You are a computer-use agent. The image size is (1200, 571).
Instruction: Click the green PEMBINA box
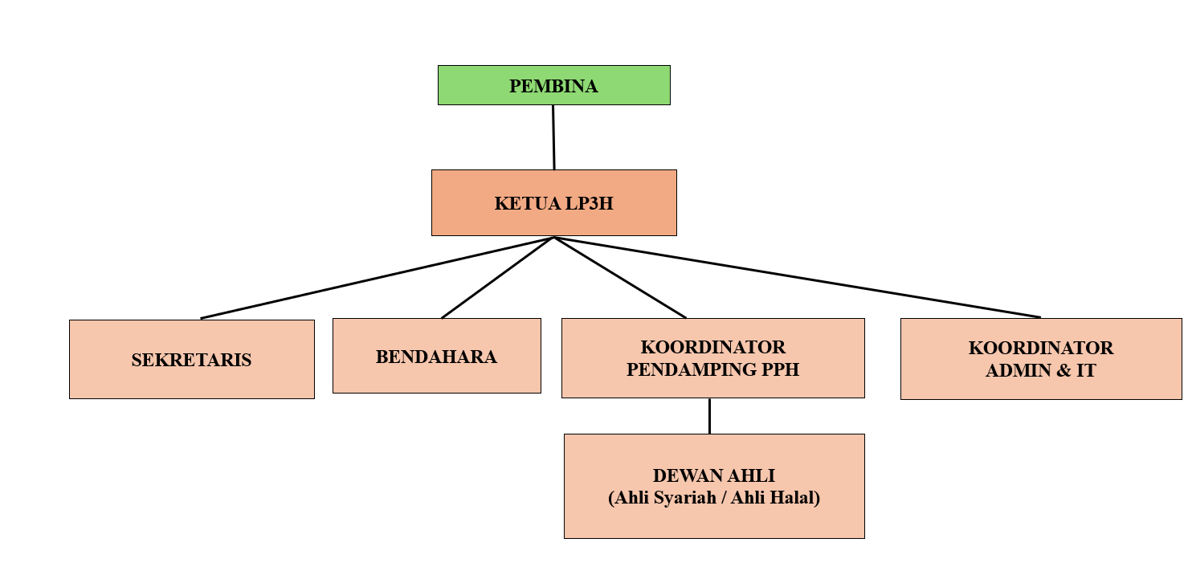pyautogui.click(x=554, y=85)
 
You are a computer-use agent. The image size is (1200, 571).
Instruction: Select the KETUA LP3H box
pyautogui.click(x=554, y=203)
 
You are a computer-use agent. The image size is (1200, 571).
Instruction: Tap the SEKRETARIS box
pyautogui.click(x=192, y=360)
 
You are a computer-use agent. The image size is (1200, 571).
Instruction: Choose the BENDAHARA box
pyautogui.click(x=437, y=357)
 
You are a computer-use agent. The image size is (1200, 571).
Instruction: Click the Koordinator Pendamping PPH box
pyautogui.click(x=713, y=358)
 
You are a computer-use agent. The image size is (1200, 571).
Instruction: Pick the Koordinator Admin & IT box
pyautogui.click(x=1041, y=359)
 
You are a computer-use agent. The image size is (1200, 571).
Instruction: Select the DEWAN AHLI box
pyautogui.click(x=714, y=487)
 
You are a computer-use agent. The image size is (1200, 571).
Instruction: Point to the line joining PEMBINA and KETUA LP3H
pyautogui.click(x=553, y=137)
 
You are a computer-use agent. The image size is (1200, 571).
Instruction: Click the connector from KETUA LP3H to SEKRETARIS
pyautogui.click(x=378, y=277)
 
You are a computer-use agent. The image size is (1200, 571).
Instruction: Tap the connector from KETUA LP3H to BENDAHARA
pyautogui.click(x=498, y=277)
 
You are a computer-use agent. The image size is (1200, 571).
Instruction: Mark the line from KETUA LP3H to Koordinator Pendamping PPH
pyautogui.click(x=620, y=277)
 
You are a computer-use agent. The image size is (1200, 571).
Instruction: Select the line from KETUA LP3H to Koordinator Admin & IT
pyautogui.click(x=797, y=277)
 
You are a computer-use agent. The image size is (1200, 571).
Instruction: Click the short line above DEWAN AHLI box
pyautogui.click(x=710, y=416)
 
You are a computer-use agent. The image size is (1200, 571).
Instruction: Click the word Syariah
pyautogui.click(x=685, y=498)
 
